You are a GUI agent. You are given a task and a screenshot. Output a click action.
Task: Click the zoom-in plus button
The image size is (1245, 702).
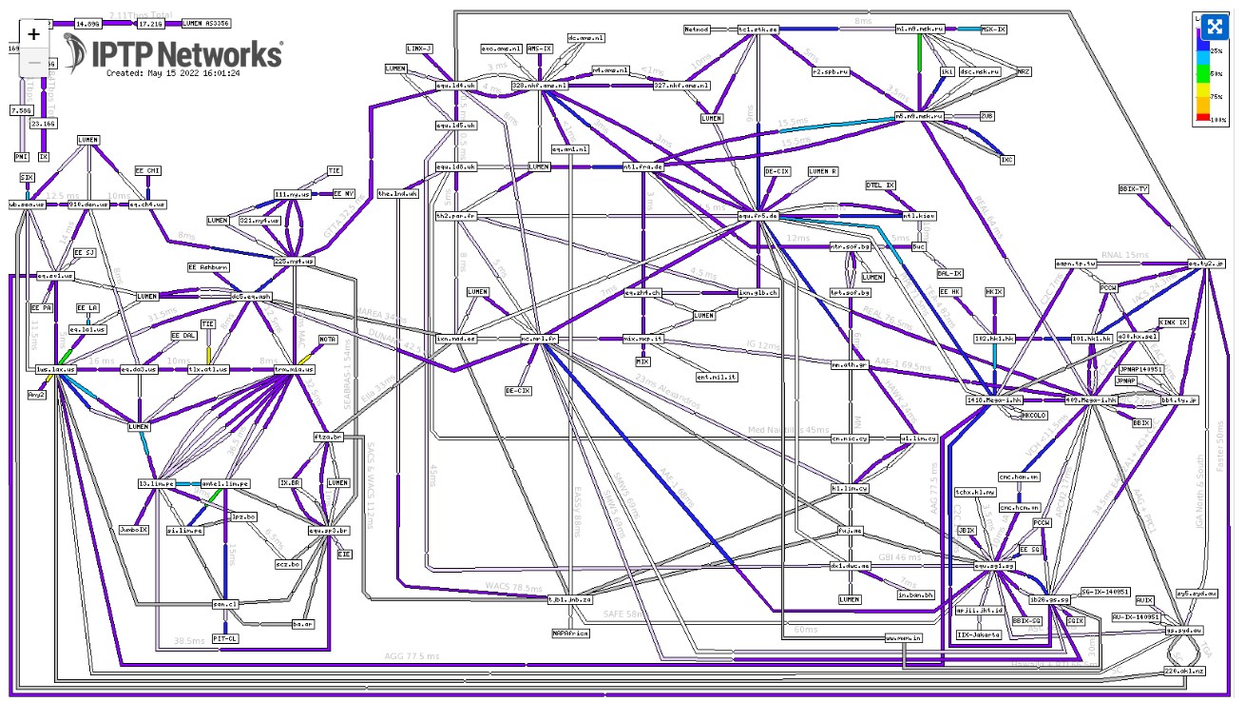click(34, 33)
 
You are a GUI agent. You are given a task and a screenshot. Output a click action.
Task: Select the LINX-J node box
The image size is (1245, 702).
click(419, 48)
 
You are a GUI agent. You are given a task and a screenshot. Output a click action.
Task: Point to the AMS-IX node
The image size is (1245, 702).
click(540, 48)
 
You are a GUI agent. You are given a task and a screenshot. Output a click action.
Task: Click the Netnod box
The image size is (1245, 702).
click(697, 29)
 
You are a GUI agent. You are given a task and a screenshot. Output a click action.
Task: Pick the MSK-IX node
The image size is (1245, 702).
click(993, 29)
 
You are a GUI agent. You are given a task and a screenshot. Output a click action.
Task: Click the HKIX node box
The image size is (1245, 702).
click(994, 292)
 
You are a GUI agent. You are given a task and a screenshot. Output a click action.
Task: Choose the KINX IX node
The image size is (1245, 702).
click(1173, 322)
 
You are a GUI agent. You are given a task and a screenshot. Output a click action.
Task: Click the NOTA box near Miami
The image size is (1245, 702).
click(328, 340)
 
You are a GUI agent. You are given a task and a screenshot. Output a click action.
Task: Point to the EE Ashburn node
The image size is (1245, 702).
click(208, 267)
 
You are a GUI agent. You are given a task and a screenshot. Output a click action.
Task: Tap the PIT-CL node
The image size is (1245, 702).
click(224, 638)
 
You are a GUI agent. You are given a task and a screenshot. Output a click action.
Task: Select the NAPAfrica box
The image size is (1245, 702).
click(570, 632)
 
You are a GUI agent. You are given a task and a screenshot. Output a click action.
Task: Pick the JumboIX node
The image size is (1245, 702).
click(133, 528)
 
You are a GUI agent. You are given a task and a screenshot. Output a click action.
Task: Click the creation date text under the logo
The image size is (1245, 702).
click(172, 72)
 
